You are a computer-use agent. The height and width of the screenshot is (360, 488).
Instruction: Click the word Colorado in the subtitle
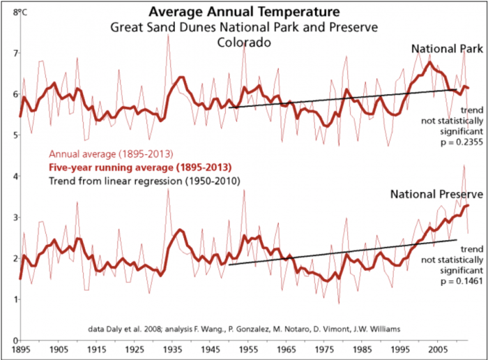point(243,42)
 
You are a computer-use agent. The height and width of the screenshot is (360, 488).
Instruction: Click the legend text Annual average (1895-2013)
point(102,154)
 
